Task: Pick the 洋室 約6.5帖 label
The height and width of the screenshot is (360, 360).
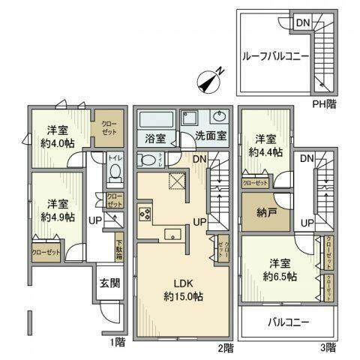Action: coord(282,270)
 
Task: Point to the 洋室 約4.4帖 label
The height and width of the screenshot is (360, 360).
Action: coord(267,145)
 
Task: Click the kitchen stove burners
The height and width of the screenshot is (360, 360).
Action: coord(145,214)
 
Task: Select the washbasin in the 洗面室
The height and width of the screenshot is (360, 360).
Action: coord(220,118)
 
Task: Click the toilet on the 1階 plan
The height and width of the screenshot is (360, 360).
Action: coord(115,173)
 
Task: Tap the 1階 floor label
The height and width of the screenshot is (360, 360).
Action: coord(118,347)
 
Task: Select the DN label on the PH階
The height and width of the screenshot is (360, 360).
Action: coord(301,23)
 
